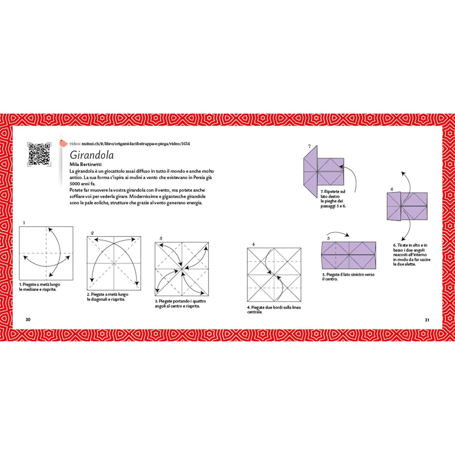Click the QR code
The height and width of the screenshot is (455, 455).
[38, 154]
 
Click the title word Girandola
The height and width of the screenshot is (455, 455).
[92, 156]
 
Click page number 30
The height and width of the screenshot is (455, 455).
[28, 319]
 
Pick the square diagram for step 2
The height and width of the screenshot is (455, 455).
[114, 263]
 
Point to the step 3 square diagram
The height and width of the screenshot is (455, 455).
[182, 268]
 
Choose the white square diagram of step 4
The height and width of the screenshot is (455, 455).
[274, 274]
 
